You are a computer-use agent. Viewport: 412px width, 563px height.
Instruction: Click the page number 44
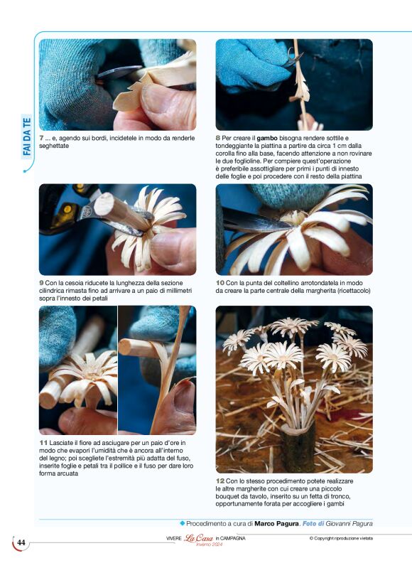pos(21,542)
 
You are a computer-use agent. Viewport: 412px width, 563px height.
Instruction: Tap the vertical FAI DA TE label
pos(27,136)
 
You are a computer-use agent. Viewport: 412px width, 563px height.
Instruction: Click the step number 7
pos(42,138)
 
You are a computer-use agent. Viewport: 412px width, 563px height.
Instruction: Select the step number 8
pos(218,138)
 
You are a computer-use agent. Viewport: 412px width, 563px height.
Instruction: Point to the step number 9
pos(42,283)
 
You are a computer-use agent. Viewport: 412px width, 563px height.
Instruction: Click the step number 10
pos(220,283)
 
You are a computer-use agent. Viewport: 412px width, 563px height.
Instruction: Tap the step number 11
pos(43,443)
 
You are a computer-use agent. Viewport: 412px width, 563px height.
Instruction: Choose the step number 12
pos(220,481)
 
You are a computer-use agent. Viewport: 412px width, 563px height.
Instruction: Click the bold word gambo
pos(267,138)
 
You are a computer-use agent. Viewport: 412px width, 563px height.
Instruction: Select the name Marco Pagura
pos(276,523)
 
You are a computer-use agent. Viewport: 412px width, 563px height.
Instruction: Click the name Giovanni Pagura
pos(349,523)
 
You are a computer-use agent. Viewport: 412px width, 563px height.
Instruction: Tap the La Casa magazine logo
pos(198,539)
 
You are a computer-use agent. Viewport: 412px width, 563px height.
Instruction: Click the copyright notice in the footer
pos(341,538)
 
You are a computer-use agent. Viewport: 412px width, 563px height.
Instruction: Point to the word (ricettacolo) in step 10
pos(354,291)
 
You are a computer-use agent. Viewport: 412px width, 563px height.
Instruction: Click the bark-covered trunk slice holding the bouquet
pos(298,446)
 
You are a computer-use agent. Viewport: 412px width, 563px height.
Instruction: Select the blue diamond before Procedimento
pos(182,523)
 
